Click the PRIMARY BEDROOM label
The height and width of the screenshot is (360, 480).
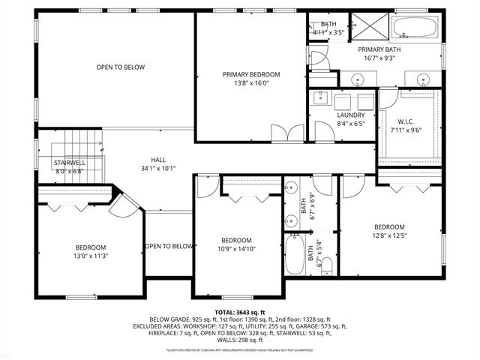click(x=251, y=74)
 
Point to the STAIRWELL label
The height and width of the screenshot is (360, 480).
click(x=69, y=162)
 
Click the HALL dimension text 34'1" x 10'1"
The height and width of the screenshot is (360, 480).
click(x=158, y=169)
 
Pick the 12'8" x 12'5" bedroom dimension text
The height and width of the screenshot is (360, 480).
click(x=389, y=235)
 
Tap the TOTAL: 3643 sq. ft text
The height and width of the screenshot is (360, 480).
click(x=239, y=311)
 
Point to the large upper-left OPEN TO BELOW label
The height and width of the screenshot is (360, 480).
click(x=120, y=67)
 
